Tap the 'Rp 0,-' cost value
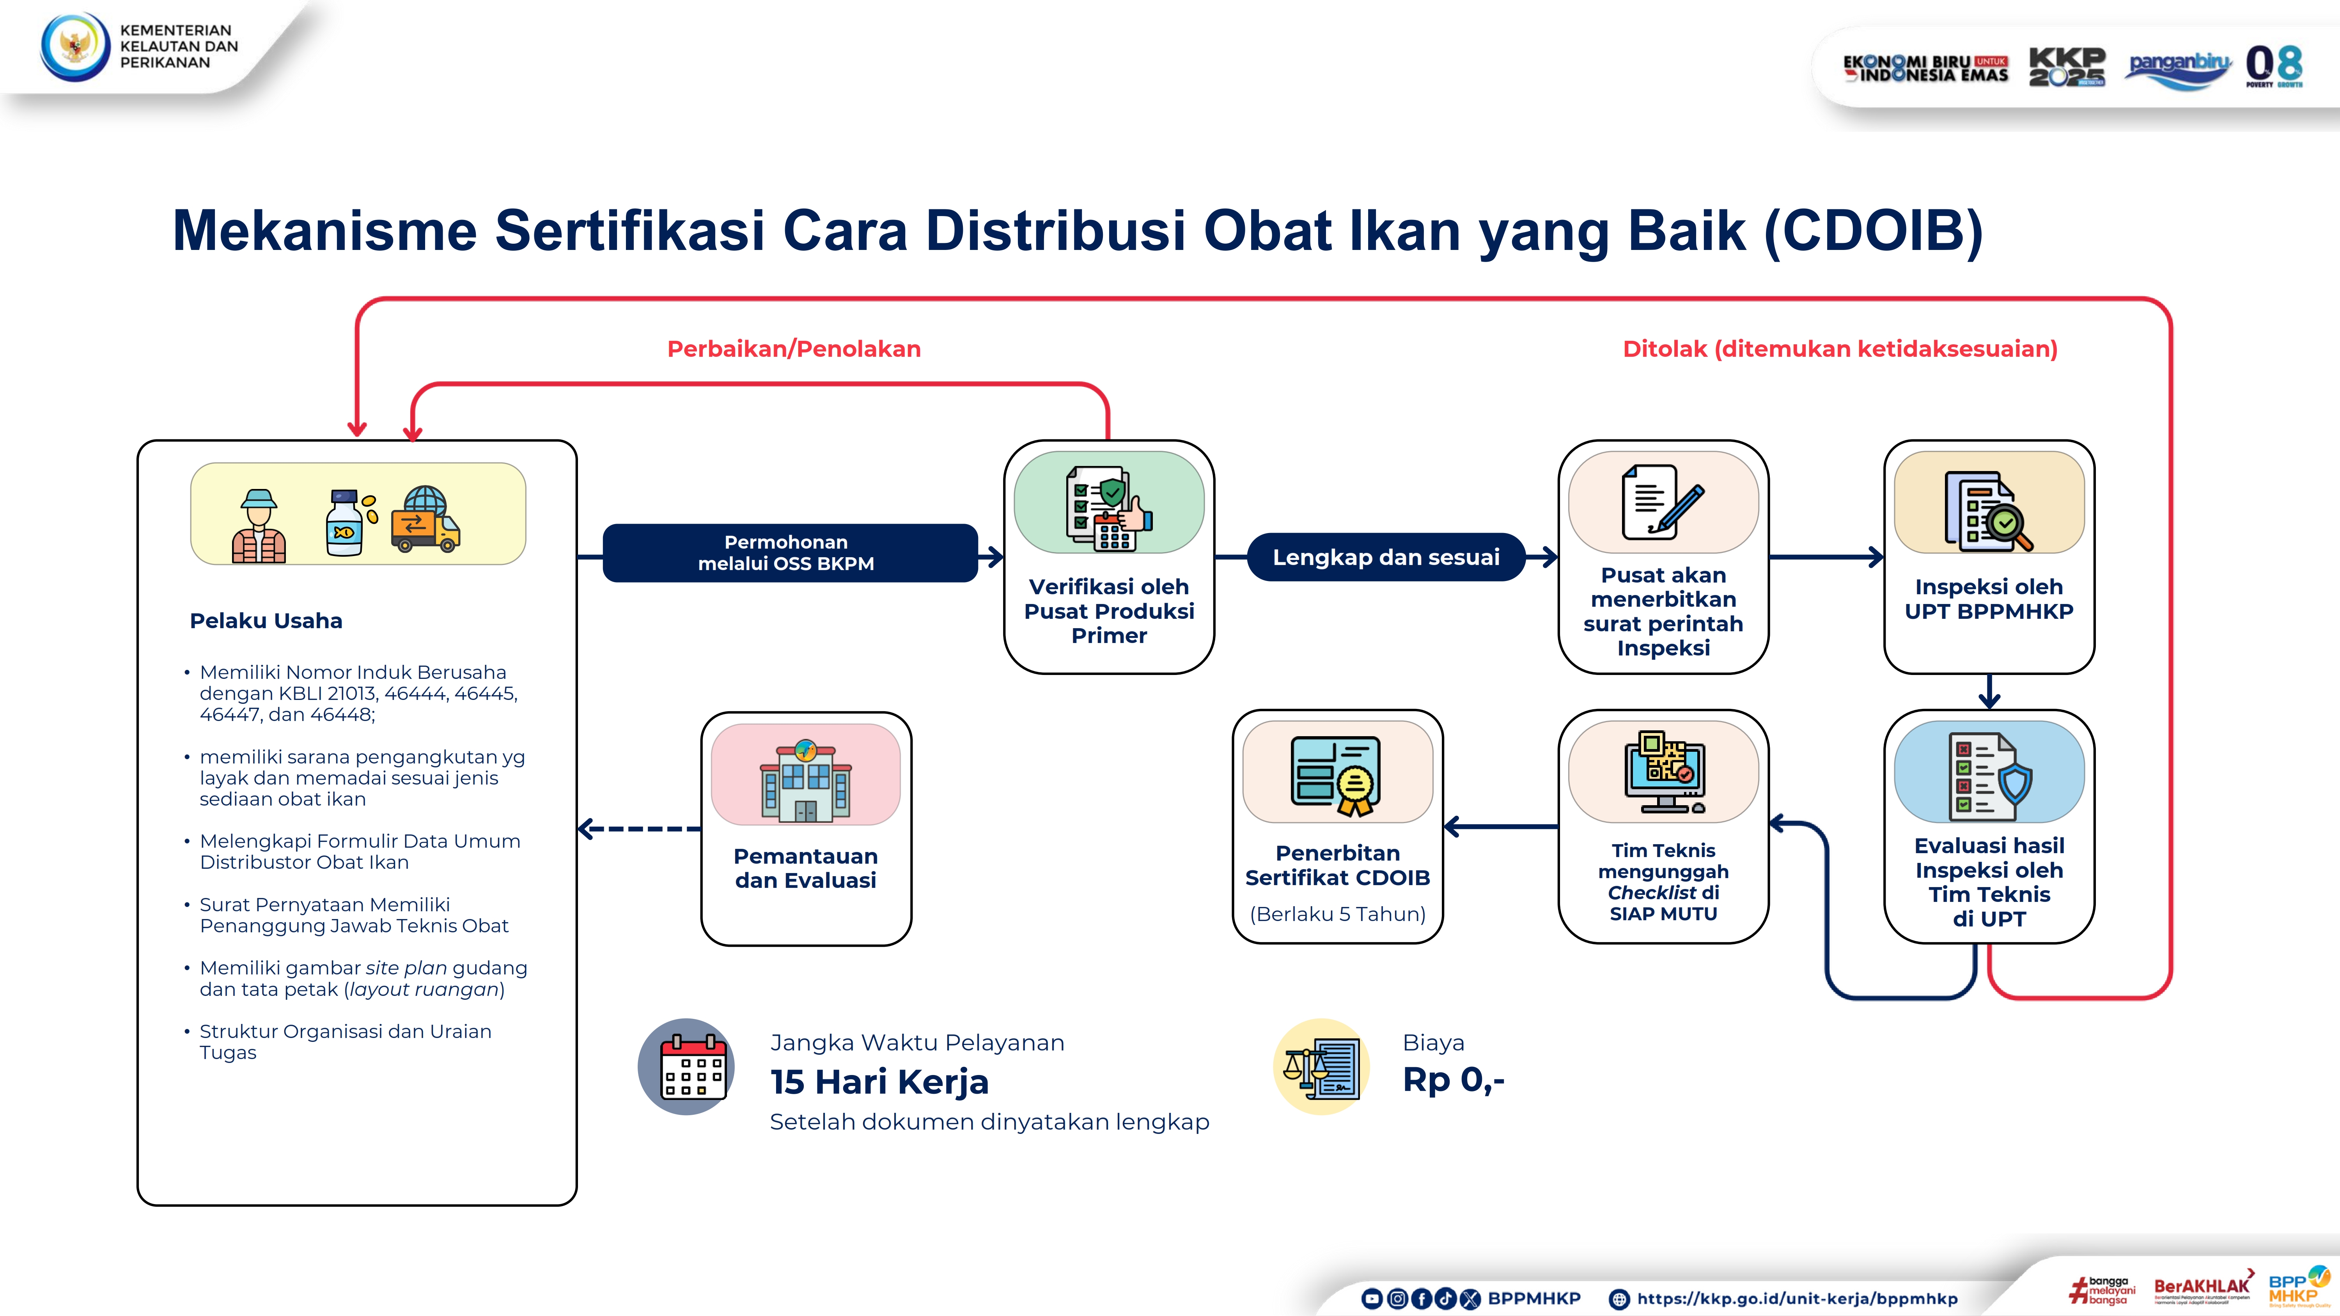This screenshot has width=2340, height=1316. tap(1454, 1080)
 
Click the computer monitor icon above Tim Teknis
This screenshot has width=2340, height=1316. tap(1664, 772)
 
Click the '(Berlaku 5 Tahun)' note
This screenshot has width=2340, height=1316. tap(1337, 914)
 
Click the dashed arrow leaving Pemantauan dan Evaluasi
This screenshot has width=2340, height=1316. tap(638, 828)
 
